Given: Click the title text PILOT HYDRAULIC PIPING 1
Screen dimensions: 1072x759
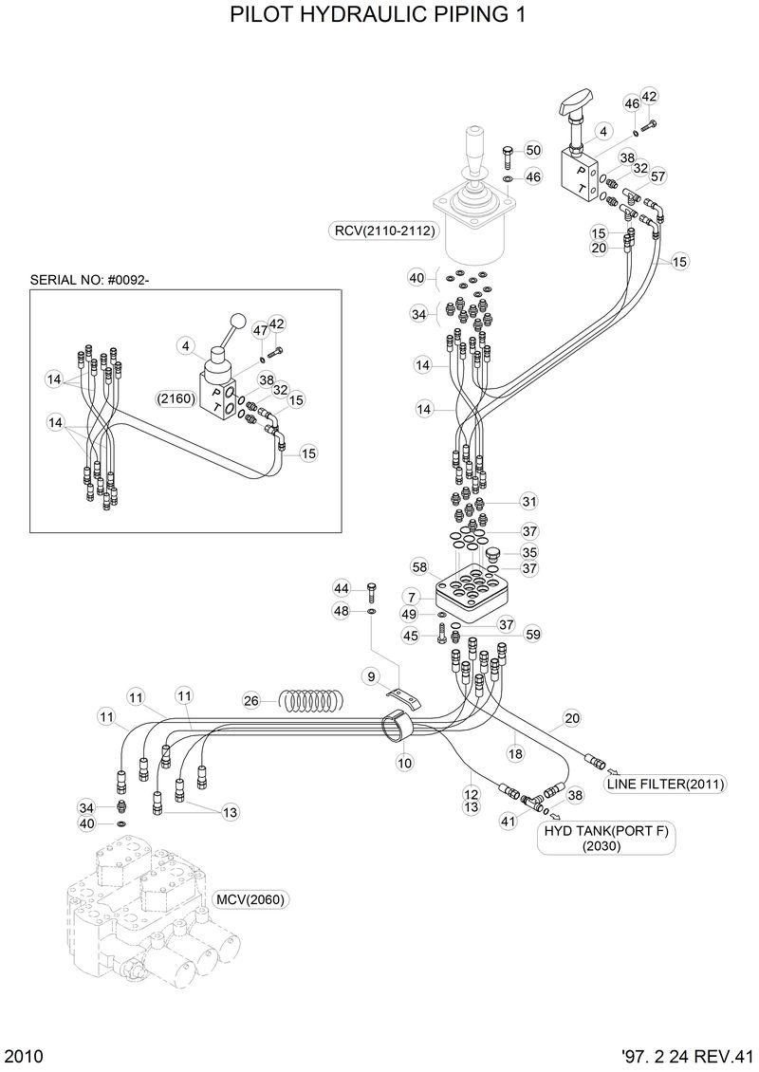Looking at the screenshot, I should [379, 16].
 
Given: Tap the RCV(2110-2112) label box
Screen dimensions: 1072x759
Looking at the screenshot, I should [383, 230].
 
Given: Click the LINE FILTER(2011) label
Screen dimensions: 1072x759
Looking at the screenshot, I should [666, 784].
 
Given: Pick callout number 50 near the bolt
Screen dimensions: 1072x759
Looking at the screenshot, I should [532, 150].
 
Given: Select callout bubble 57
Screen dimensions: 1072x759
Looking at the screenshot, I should [658, 176].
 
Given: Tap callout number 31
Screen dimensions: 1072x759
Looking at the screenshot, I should [528, 501].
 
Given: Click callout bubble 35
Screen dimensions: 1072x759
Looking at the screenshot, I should [529, 552].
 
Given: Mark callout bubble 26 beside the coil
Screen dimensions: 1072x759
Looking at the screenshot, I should [251, 701].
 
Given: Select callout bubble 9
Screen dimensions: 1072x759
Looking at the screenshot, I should [372, 675].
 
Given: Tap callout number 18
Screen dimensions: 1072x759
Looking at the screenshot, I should [515, 753].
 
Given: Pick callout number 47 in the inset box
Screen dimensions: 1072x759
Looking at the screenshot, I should [259, 329].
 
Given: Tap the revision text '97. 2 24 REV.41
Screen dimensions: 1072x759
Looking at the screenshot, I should [687, 1056].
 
